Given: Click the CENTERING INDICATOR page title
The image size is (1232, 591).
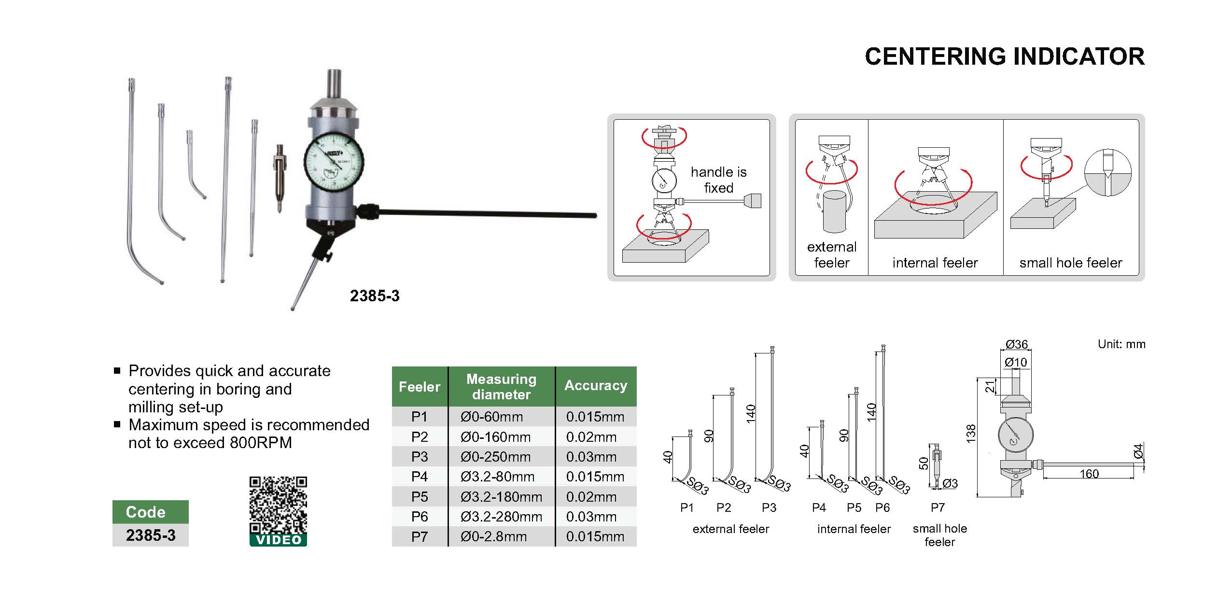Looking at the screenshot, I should pos(1004,56).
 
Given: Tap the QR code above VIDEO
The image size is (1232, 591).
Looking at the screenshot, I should pos(278,505).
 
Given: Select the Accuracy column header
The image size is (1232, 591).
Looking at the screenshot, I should pos(596,386).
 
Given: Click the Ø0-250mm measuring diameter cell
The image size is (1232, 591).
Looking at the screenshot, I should pos(495,457).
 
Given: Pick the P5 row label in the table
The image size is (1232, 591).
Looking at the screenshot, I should pos(419,497).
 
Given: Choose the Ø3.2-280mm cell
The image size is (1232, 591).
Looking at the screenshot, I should pos(501,517).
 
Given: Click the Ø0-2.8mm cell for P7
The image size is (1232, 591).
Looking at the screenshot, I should pos(493,536).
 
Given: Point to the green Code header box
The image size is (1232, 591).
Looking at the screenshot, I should pos(150,512).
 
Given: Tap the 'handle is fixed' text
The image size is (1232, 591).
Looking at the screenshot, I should pos(718,180).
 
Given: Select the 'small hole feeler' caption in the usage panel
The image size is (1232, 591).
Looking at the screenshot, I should pos(1070,263).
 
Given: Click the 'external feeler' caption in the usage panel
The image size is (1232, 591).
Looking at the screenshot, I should pos(831,254).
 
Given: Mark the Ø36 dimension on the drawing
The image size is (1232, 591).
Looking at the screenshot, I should pos(1016,344).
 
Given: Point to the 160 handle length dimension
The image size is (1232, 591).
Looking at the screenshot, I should pos(1089,474).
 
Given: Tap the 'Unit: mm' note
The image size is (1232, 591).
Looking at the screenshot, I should pos(1121,344).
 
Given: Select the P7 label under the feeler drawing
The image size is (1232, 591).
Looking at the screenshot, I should pos(938,507).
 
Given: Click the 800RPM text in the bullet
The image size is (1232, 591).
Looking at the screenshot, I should pos(261,443).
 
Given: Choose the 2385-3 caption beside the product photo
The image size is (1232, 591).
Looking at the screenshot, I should pos(375,296).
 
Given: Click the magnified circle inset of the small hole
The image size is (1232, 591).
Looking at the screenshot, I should pos(1107,173).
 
